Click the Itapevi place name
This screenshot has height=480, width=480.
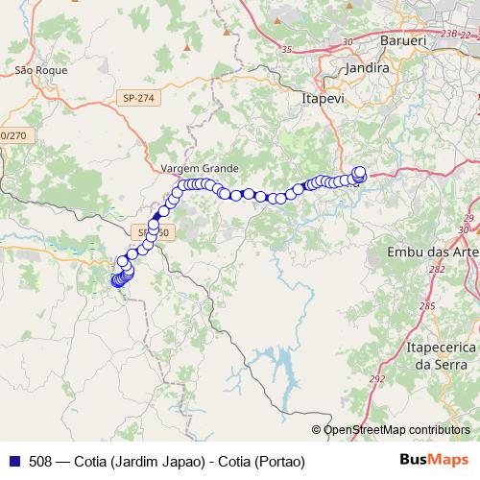pyautogui.click(x=324, y=97)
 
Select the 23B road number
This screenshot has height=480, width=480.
pyautogui.click(x=448, y=33)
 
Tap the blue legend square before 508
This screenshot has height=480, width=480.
pyautogui.click(x=14, y=462)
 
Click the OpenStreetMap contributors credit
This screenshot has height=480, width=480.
pyautogui.click(x=396, y=429)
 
